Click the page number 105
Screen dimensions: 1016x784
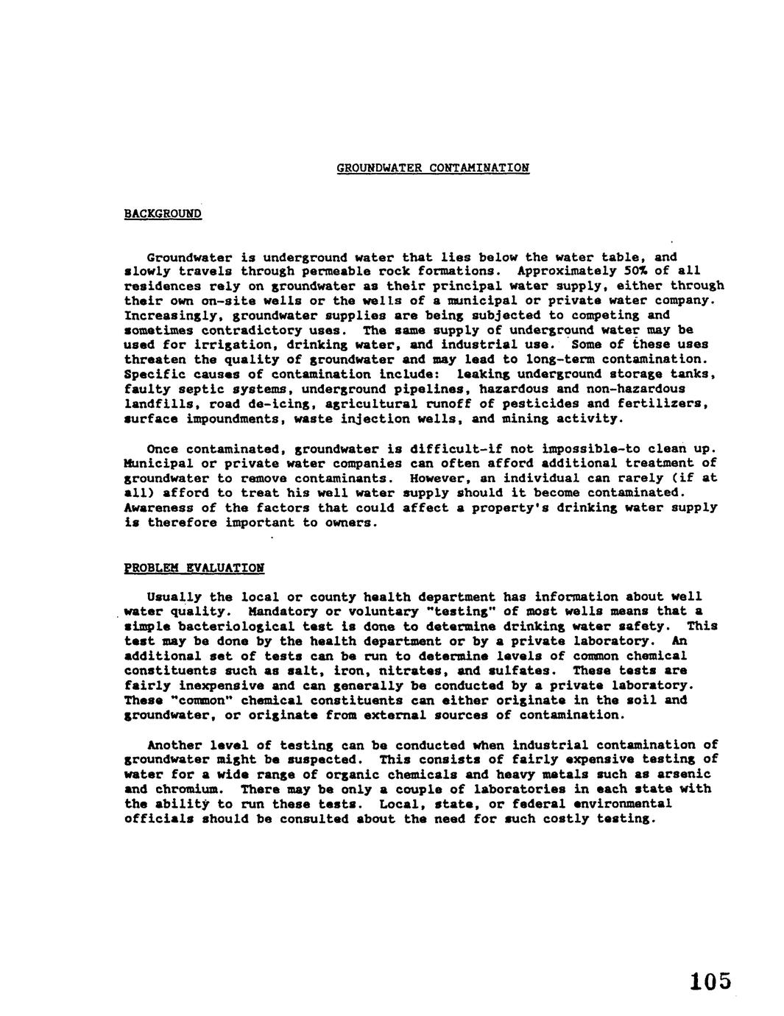coord(711,981)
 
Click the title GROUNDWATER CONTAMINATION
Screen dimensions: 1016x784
coord(433,168)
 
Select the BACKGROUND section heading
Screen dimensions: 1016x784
coord(163,214)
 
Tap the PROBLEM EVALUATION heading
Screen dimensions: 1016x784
coord(194,568)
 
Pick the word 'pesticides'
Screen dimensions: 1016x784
coord(552,403)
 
